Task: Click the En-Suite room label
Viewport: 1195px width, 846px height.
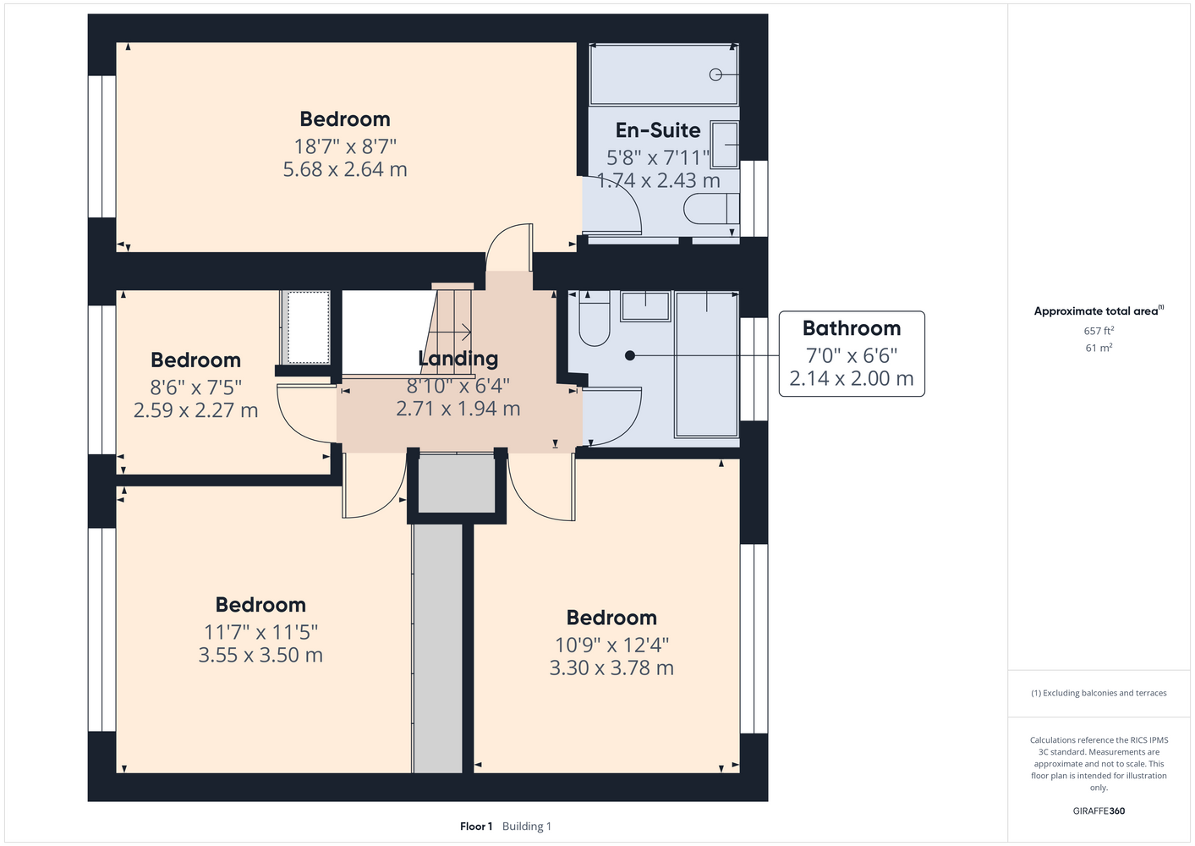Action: coord(658,130)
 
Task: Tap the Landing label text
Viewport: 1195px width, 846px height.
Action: coord(458,359)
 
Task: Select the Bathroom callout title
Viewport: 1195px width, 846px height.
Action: coord(852,328)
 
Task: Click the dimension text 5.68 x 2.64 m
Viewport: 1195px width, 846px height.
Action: coord(344,169)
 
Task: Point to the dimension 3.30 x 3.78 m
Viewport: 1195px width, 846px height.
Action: coord(611,667)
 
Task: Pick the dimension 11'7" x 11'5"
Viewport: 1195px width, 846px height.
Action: coord(260,633)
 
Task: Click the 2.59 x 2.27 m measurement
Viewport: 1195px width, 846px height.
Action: coord(196,410)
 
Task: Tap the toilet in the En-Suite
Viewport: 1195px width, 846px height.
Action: coord(711,209)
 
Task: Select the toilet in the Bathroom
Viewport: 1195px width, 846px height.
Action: coord(595,319)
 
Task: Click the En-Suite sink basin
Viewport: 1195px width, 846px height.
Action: coord(725,145)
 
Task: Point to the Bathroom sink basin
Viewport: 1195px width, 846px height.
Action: coord(645,306)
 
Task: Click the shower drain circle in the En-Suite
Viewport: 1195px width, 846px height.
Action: coord(715,74)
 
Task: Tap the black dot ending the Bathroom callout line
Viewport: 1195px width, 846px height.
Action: coord(630,355)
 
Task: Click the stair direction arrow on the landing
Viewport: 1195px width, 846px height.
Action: coord(450,332)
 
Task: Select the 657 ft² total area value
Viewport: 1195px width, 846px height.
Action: coord(1099,331)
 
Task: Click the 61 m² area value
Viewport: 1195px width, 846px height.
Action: coord(1099,348)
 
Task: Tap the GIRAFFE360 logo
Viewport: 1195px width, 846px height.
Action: coord(1099,810)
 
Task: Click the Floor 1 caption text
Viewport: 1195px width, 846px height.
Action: coord(476,827)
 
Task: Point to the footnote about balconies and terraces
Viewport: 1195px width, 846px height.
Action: coord(1099,693)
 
